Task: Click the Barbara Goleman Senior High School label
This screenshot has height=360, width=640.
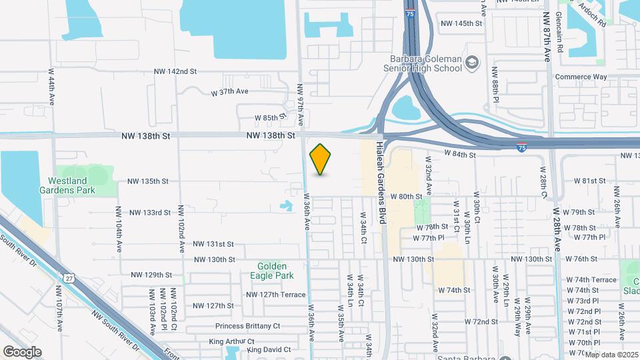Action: pos(423,63)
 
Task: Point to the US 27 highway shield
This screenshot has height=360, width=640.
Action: pos(69,277)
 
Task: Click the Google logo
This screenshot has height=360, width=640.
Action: pos(22,352)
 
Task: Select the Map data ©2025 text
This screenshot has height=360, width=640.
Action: pos(611,354)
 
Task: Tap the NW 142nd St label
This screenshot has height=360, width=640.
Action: pos(175,71)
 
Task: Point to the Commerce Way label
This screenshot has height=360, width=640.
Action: pos(581,77)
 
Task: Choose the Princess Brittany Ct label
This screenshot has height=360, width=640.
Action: pos(247,327)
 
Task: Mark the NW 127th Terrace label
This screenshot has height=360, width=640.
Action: pos(275,295)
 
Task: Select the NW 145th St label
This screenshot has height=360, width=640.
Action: pos(461,23)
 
